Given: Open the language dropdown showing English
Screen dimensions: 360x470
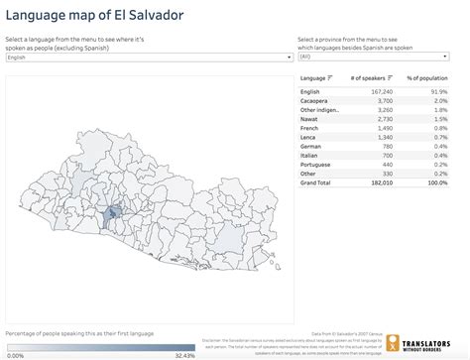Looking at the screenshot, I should coord(147,58).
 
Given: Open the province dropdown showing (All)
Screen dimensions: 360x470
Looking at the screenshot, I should coord(380,58).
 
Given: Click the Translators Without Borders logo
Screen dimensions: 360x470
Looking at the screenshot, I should coord(425,343).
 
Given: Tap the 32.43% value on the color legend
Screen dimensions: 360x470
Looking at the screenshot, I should coord(184,354).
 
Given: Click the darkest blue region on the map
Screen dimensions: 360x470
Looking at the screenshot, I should coord(113,212).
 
